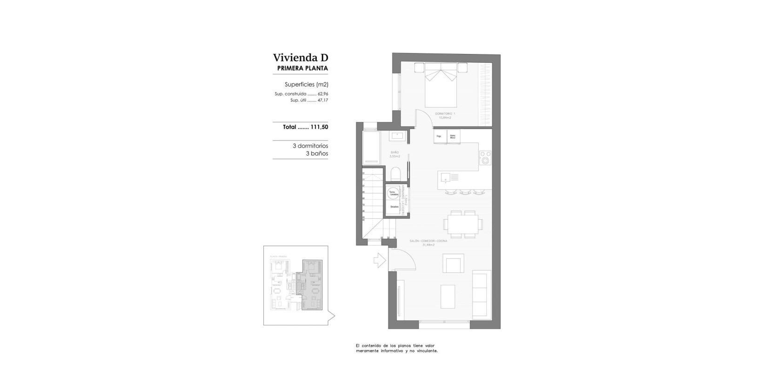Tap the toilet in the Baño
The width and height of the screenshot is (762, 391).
(x=396, y=175)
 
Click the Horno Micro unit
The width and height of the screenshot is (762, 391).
(x=454, y=136)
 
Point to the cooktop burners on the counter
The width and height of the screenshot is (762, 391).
(x=485, y=158)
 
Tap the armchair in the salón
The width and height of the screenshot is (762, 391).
(x=453, y=263)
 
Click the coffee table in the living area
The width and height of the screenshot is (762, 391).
(x=448, y=297)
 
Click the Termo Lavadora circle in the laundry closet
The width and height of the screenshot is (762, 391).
(x=393, y=192)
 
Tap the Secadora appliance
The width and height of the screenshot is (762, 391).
(x=394, y=206)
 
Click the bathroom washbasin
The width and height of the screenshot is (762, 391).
(x=398, y=136)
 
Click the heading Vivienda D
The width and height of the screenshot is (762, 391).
(x=300, y=58)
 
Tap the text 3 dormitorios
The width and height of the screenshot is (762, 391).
(x=310, y=146)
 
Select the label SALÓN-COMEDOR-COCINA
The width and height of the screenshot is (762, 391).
(x=428, y=241)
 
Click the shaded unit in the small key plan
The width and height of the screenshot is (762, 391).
(x=312, y=285)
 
